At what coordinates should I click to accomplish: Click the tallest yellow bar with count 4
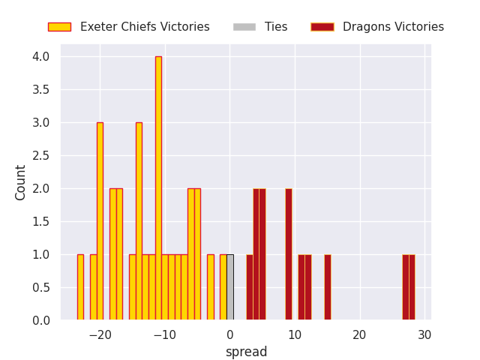(x=158, y=188)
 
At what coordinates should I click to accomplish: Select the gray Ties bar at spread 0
(x=229, y=287)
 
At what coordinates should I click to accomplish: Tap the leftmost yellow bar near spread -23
(x=80, y=287)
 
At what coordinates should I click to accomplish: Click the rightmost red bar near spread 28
(x=412, y=287)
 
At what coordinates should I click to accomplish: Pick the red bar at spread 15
(x=327, y=287)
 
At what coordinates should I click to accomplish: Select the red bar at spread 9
(x=288, y=254)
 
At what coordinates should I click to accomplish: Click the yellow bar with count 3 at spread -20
(x=100, y=221)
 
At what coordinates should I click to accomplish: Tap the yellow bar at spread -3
(x=211, y=287)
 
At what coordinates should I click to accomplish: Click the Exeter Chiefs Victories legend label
(x=145, y=27)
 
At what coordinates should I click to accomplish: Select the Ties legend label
(x=276, y=27)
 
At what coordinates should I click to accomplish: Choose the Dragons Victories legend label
(x=393, y=27)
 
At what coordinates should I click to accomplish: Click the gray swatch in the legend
(x=244, y=27)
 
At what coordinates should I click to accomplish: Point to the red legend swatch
(x=322, y=27)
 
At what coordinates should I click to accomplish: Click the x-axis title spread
(x=246, y=352)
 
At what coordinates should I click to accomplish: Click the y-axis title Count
(x=21, y=182)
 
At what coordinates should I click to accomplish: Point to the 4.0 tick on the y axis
(x=41, y=57)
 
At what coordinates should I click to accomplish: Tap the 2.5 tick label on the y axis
(x=41, y=155)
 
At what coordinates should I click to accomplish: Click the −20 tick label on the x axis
(x=100, y=334)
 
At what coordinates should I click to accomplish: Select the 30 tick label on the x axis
(x=424, y=334)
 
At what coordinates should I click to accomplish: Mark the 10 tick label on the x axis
(x=295, y=334)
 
